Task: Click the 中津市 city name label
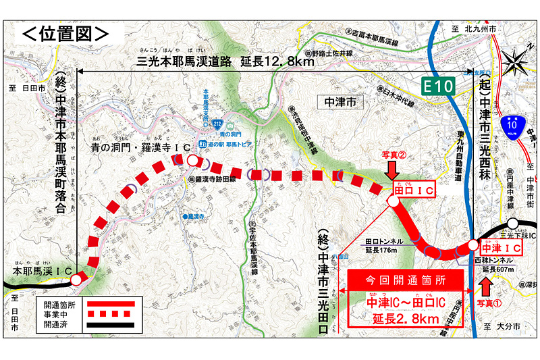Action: [x=340, y=102]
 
